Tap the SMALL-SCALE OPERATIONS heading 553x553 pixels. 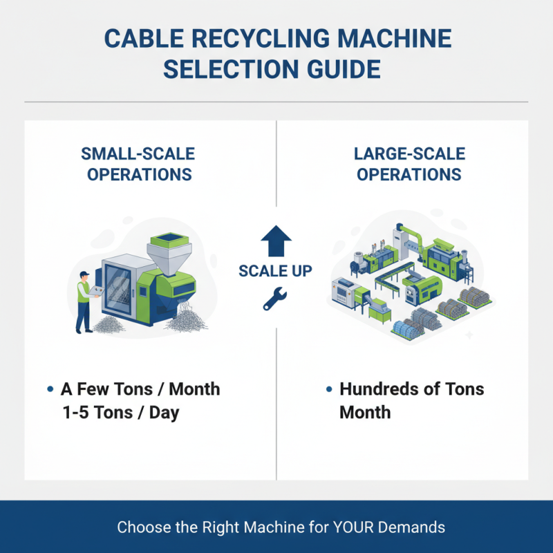point(139,163)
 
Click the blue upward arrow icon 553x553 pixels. point(276,241)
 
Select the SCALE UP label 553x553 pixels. point(276,271)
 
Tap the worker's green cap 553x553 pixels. point(84,274)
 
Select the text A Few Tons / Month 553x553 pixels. point(140,389)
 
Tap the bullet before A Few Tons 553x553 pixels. point(50,390)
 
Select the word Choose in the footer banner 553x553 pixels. point(142,527)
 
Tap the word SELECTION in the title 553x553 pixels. point(229,71)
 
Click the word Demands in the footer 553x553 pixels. point(414,527)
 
